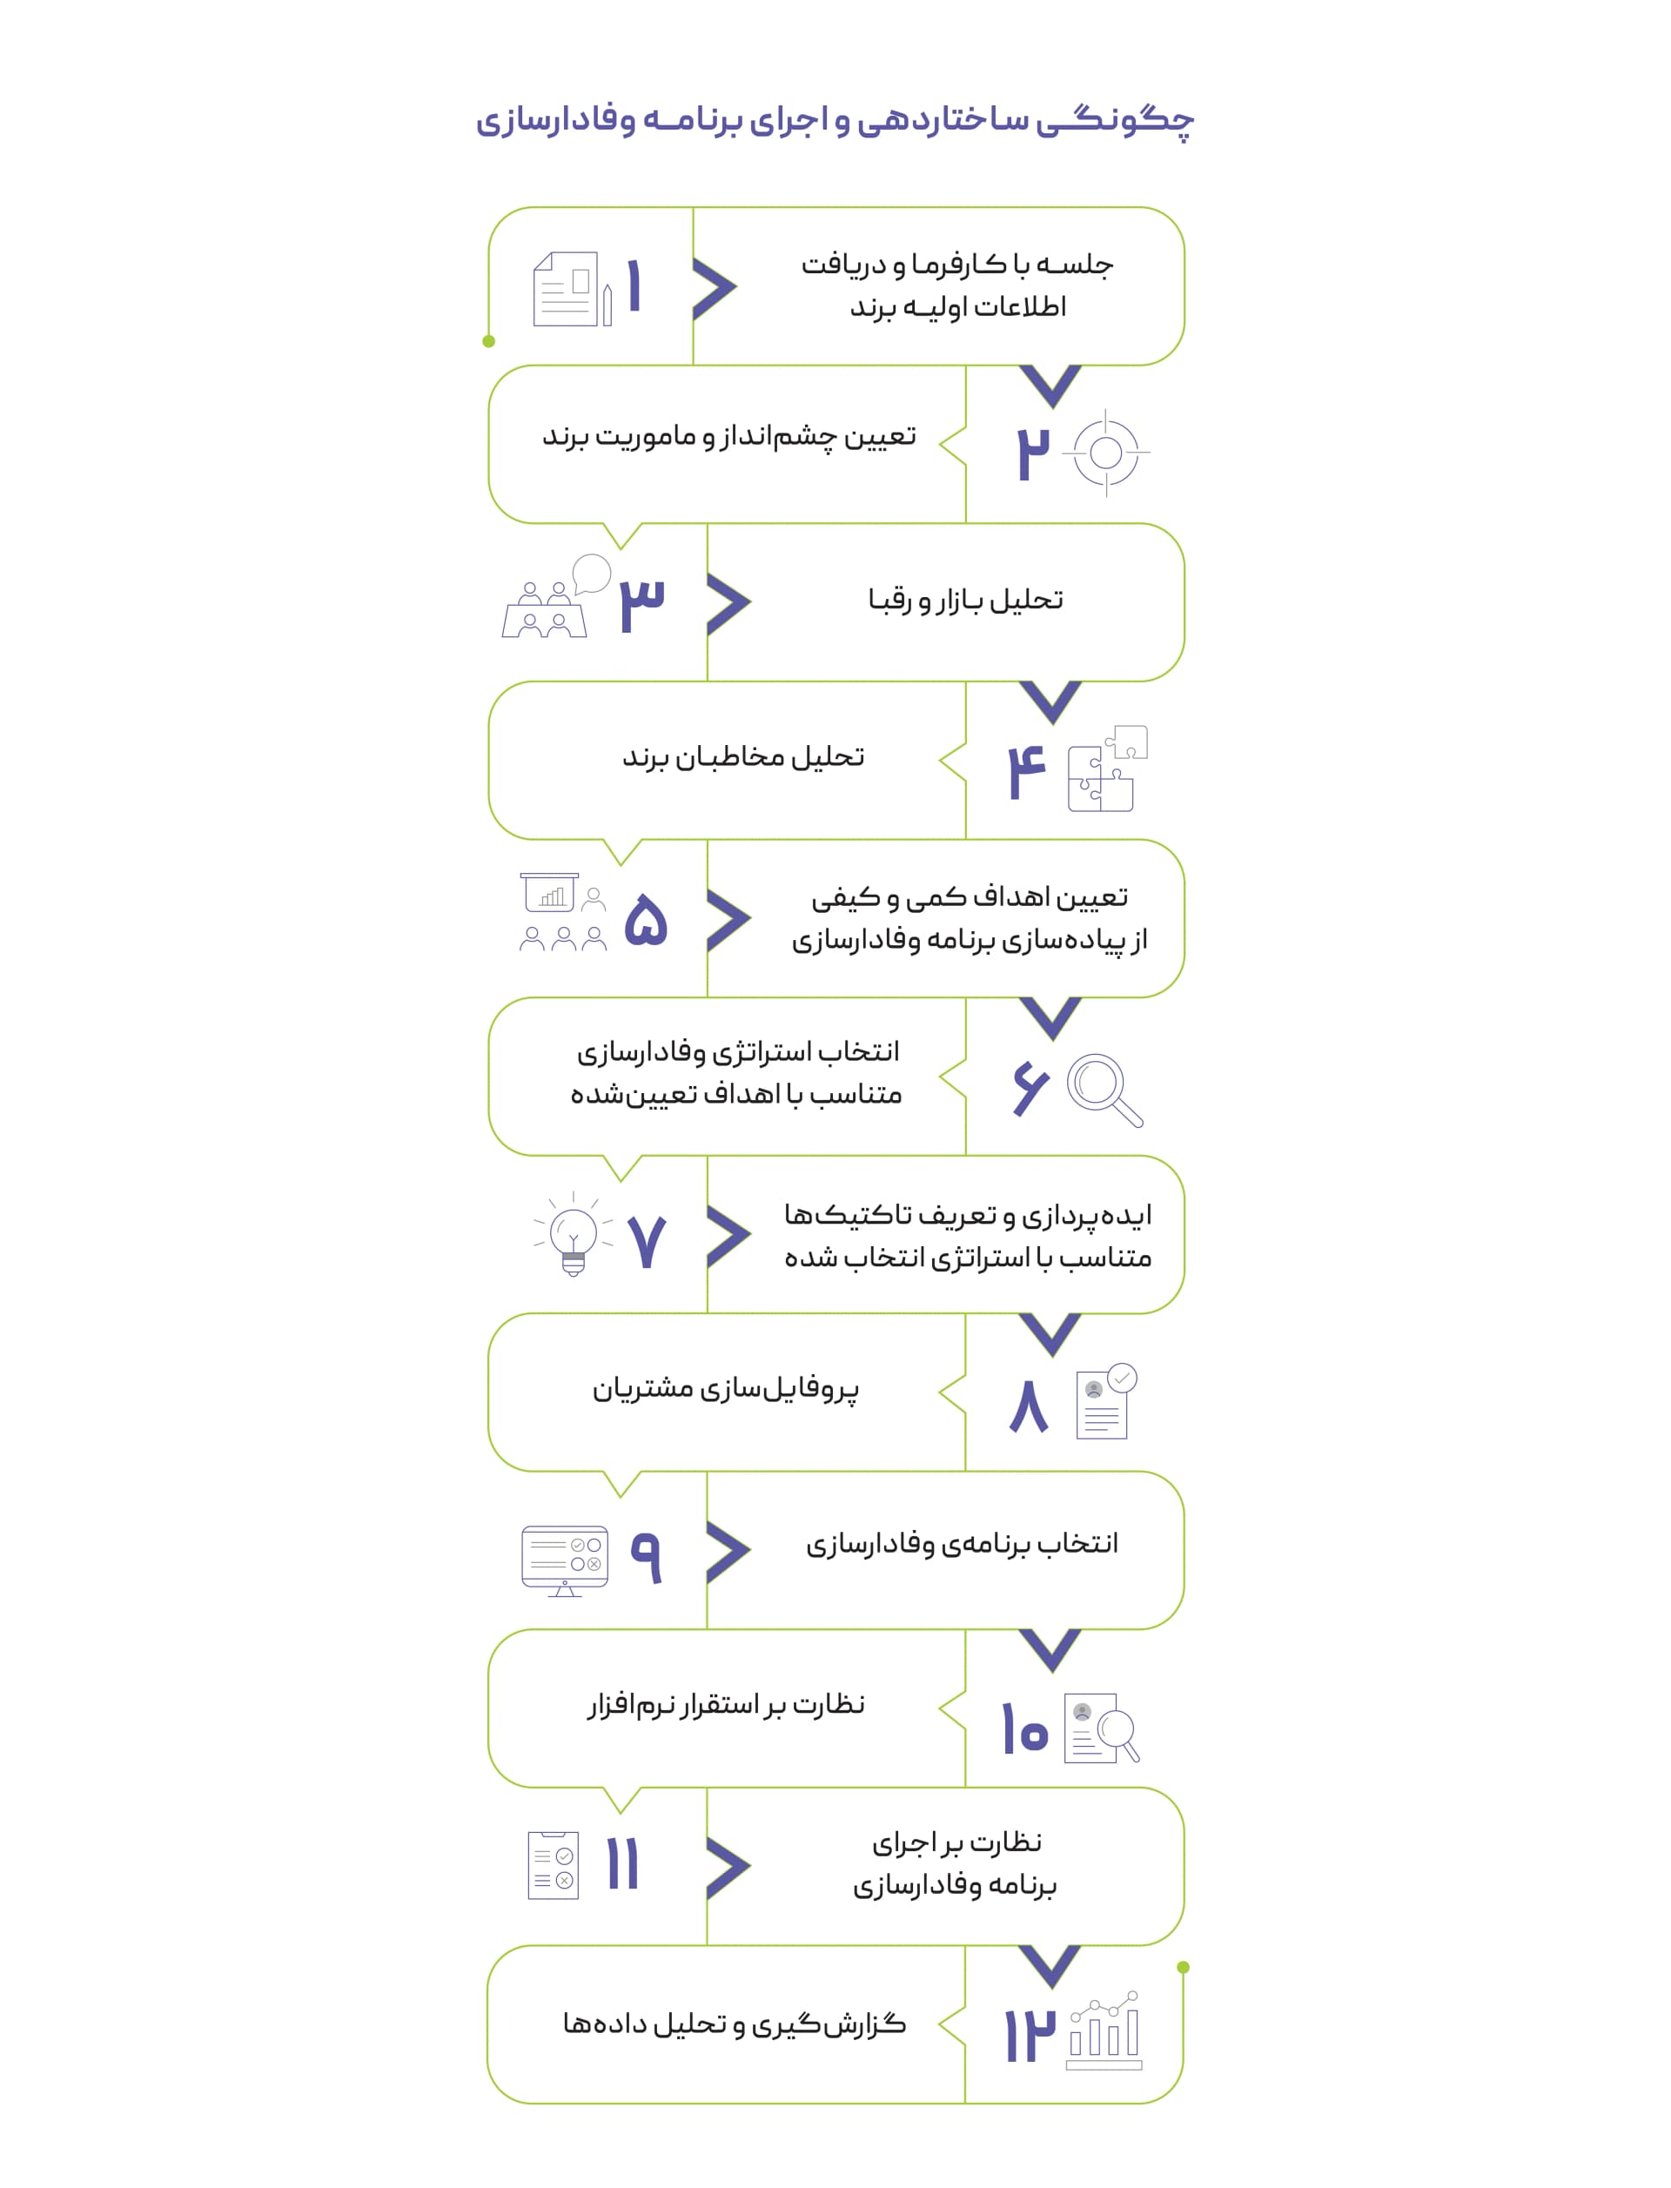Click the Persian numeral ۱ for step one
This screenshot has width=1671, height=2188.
(x=634, y=286)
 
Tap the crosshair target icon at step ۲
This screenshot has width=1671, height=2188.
(x=1105, y=453)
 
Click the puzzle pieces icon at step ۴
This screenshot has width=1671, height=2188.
(x=1107, y=768)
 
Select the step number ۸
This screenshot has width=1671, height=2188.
(x=1029, y=1406)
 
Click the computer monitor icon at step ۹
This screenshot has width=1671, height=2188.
(x=564, y=1560)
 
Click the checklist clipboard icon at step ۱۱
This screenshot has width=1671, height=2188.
(x=553, y=1865)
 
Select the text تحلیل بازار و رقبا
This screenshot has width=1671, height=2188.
(x=965, y=600)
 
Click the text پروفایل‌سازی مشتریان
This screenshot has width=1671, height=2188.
(x=725, y=1388)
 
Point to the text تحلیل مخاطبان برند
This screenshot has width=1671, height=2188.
(x=743, y=757)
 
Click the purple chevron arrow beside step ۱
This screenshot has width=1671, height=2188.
(x=715, y=288)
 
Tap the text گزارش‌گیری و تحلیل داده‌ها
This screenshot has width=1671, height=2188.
(x=734, y=2024)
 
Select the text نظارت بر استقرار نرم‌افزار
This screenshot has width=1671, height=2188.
(x=725, y=1705)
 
